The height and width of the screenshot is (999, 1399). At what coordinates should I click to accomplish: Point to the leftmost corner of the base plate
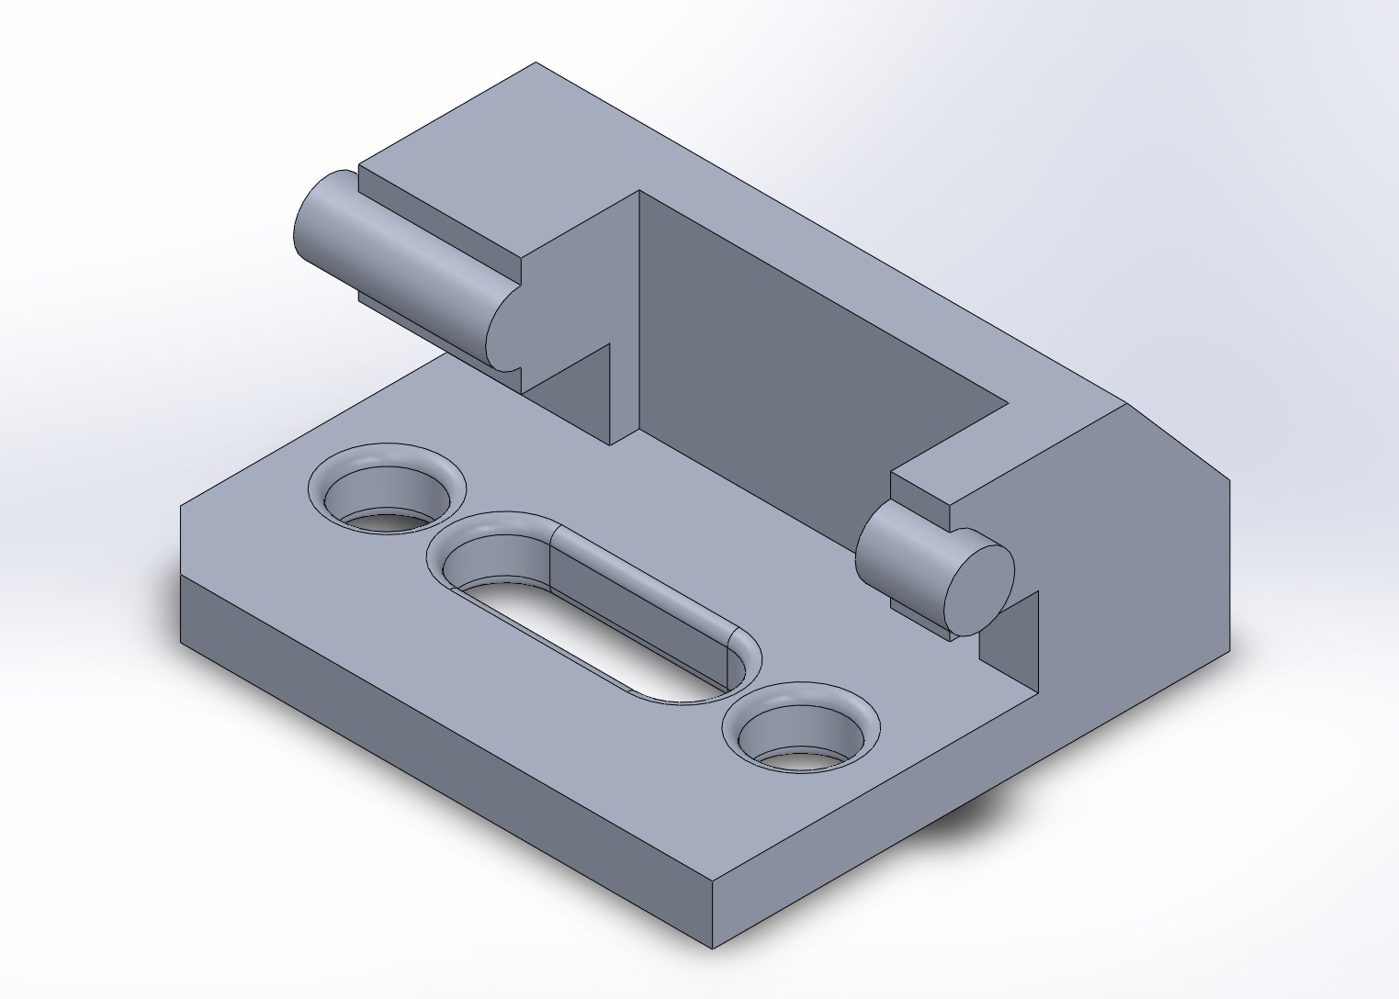pos(181,505)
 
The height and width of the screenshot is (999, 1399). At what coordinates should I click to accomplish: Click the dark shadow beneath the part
pos(974,817)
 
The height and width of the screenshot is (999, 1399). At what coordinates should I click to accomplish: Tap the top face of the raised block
pos(781,230)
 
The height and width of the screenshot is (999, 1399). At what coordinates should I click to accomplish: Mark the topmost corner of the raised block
pos(536,63)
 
